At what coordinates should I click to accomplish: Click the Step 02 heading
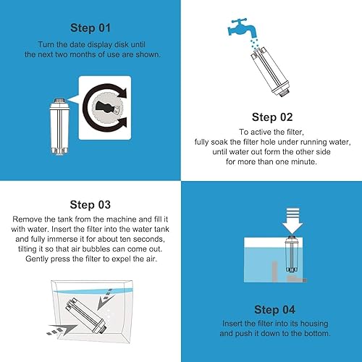point(271,116)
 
